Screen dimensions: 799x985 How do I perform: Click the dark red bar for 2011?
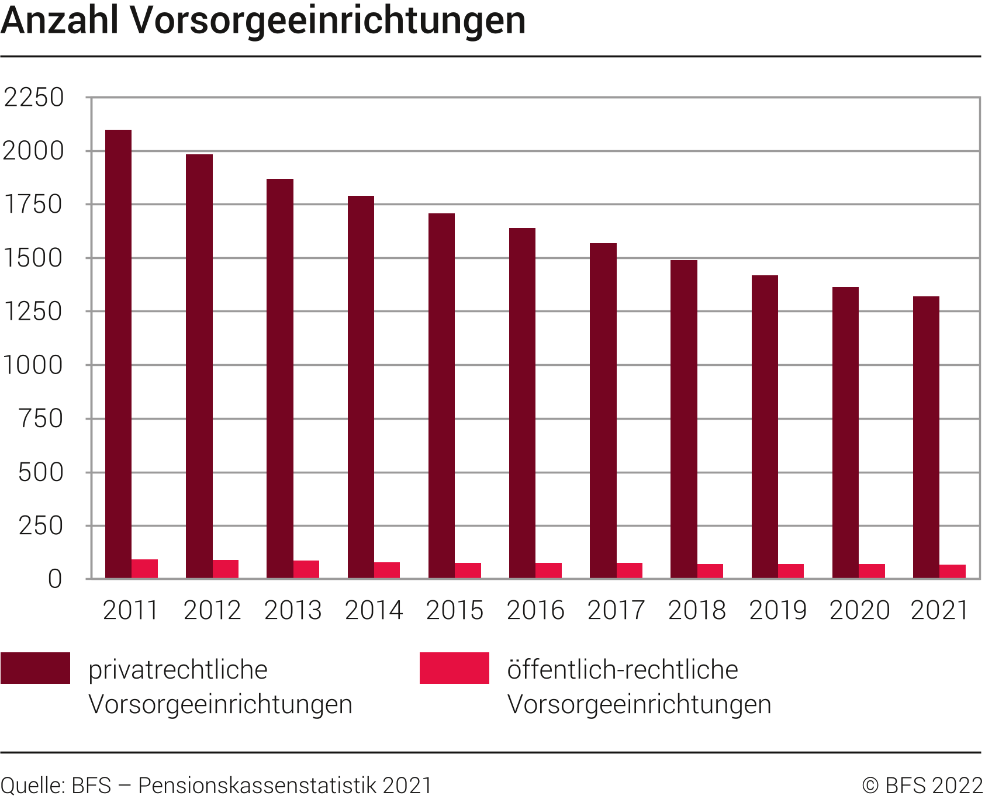[x=118, y=354]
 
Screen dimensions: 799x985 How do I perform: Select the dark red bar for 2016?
[x=522, y=403]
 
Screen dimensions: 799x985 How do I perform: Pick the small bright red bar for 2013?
[x=306, y=569]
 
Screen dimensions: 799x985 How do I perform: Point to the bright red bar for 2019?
[x=791, y=571]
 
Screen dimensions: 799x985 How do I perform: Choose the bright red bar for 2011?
[x=144, y=569]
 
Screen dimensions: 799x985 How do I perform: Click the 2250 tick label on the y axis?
[x=33, y=98]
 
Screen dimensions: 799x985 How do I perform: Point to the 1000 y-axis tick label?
[x=33, y=365]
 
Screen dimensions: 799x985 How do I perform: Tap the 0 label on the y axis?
[x=54, y=579]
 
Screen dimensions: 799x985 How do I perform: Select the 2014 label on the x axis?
[x=374, y=611]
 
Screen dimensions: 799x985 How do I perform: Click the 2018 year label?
[x=697, y=611]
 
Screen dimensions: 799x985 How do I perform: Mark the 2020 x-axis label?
[x=859, y=611]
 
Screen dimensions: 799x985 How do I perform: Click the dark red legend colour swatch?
[x=36, y=668]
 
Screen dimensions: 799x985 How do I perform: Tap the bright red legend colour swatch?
[x=454, y=668]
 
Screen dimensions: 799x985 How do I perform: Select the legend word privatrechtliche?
[x=178, y=670]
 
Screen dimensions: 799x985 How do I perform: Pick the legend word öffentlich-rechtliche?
[x=623, y=670]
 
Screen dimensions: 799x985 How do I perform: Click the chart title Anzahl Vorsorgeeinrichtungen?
[x=263, y=20]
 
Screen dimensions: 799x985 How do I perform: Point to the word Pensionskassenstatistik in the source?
[x=257, y=786]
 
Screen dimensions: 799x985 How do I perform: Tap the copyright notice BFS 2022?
[x=922, y=786]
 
